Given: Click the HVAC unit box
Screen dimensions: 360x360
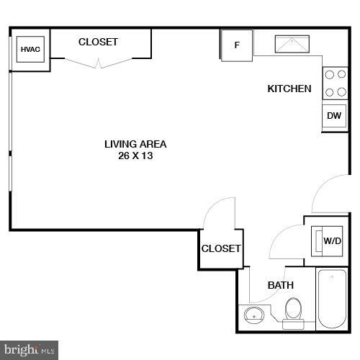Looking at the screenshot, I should click(30, 50).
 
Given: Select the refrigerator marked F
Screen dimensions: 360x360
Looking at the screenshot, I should click(236, 45).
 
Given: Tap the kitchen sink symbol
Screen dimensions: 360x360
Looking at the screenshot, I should click(292, 45).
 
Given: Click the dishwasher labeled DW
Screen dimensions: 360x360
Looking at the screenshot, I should click(333, 115).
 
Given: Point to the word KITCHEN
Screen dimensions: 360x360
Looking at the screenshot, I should click(289, 89).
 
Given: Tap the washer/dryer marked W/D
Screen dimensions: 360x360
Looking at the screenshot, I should click(330, 240).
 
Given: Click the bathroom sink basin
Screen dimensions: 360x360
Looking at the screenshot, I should click(253, 314).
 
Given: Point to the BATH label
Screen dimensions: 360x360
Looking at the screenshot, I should click(281, 285).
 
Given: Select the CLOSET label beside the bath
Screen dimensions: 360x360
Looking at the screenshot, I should click(221, 248).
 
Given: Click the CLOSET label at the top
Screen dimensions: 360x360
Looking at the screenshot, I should click(98, 42).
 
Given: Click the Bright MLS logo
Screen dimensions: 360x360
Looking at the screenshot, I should click(29, 351).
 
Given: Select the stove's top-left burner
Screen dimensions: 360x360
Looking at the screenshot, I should click(328, 73).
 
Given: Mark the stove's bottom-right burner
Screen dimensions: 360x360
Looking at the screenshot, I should click(340, 91).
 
